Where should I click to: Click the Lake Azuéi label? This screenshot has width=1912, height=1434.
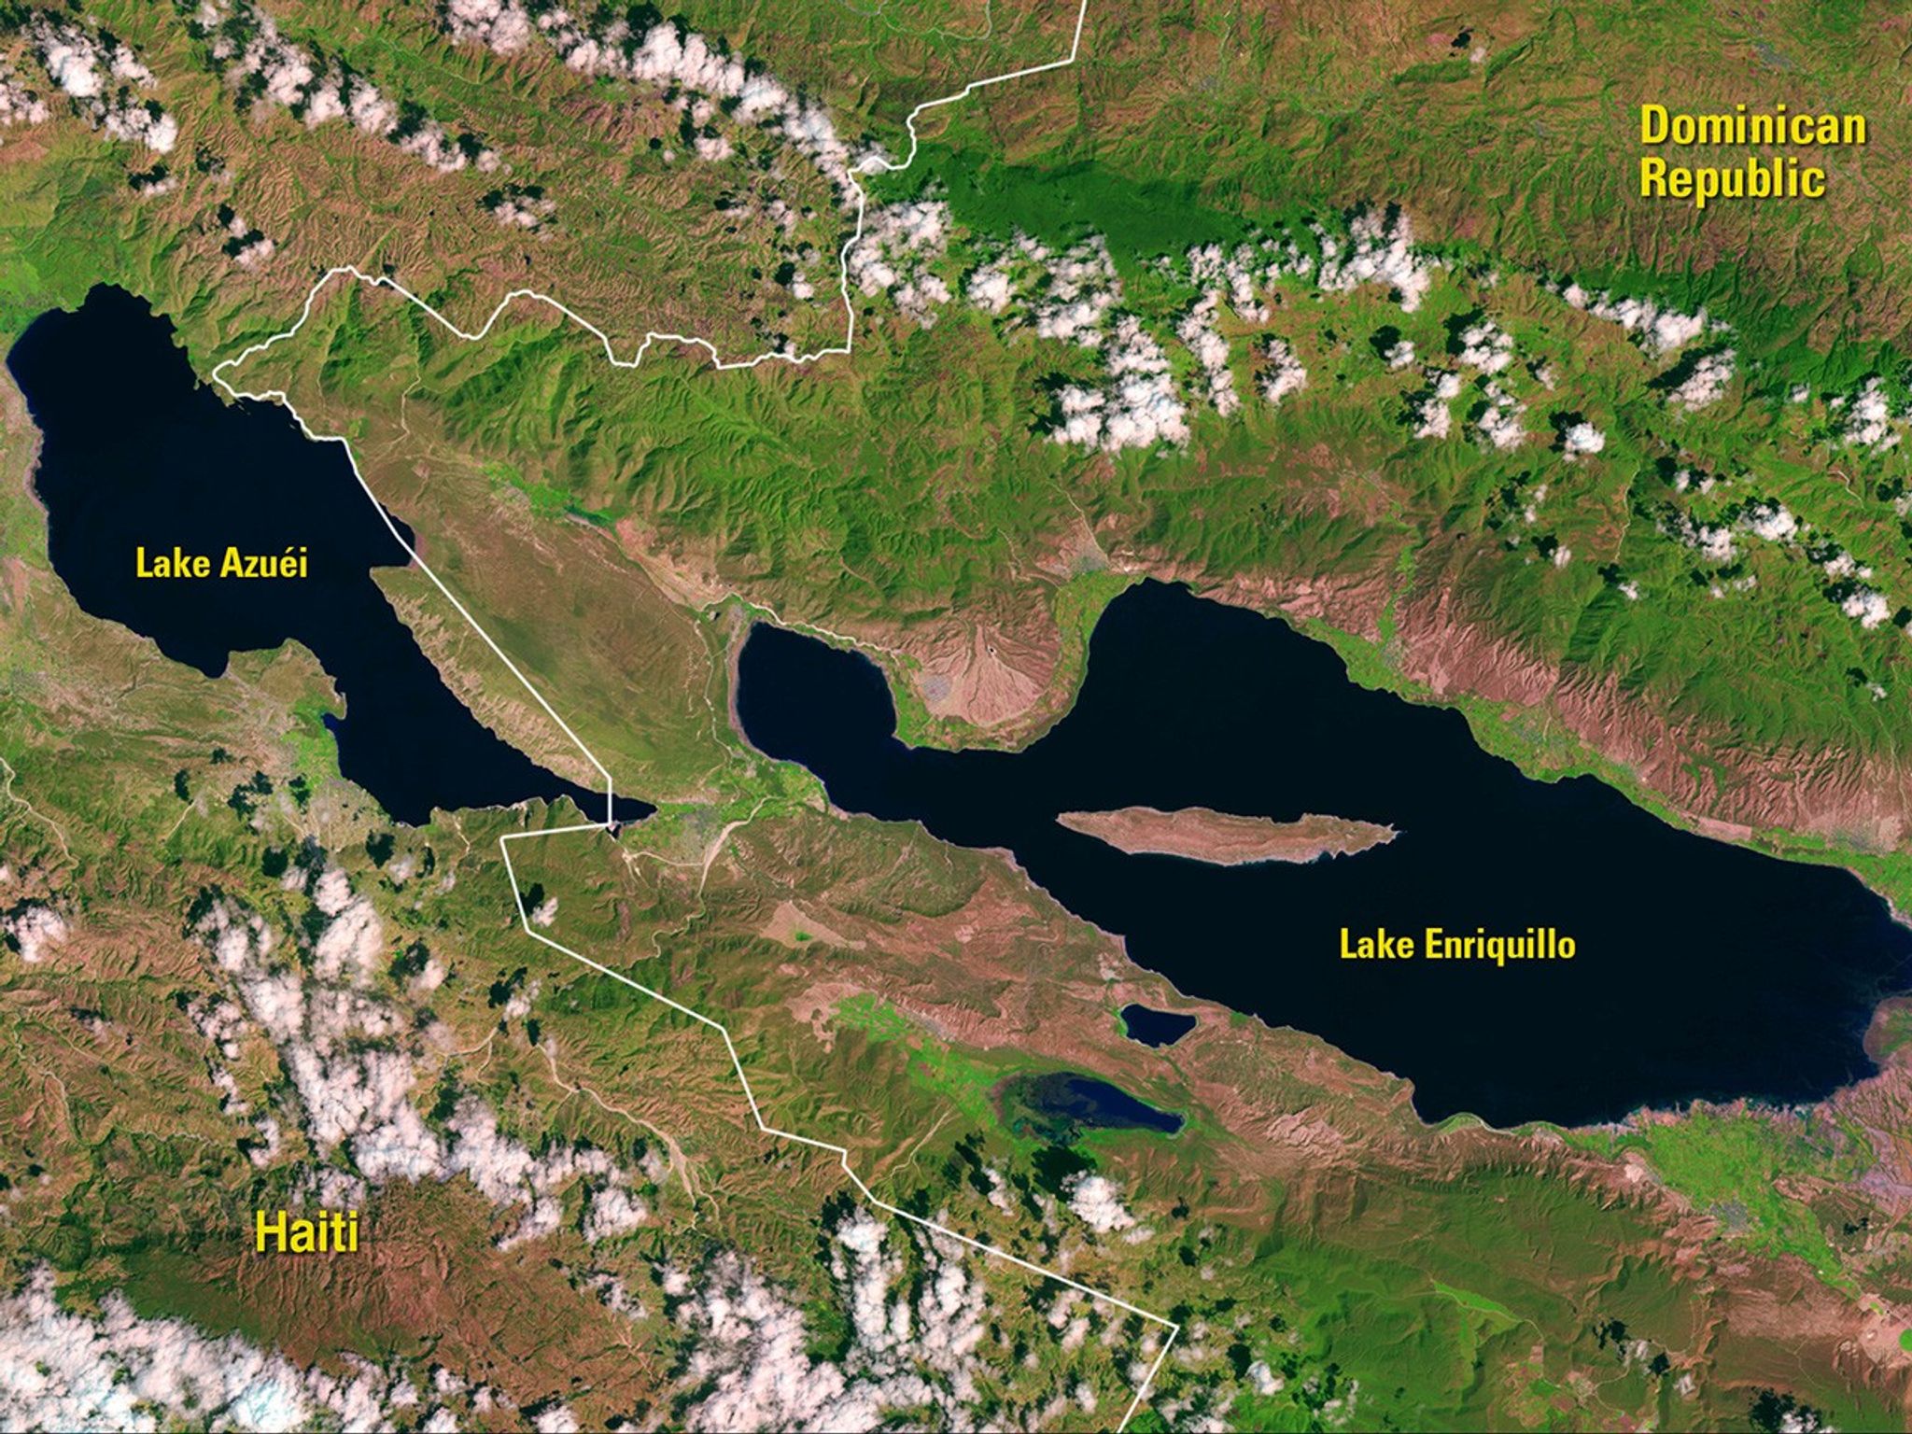coord(221,564)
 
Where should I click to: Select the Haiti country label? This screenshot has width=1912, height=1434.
coord(307,1232)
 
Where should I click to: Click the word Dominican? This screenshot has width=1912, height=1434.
coord(1752,127)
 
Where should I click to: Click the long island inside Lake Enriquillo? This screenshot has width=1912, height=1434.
coord(1223,834)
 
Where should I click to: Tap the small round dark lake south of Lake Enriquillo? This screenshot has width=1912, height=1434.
coord(1158,1024)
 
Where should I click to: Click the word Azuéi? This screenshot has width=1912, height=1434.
coord(264,564)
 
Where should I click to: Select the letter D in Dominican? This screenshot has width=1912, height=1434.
coord(1654,127)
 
